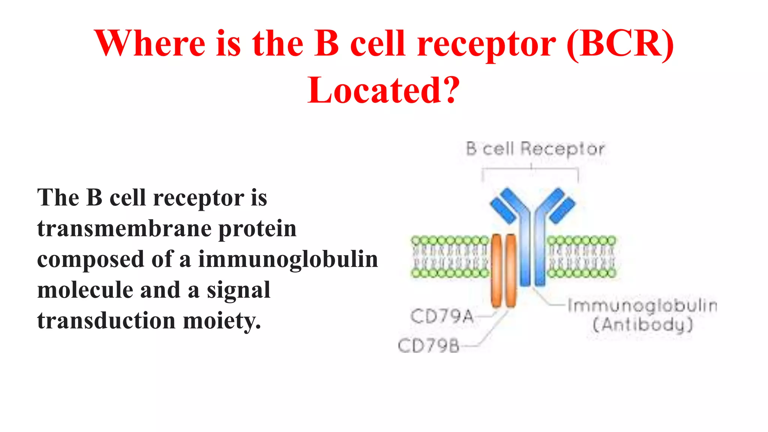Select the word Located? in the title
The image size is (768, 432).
coord(384,90)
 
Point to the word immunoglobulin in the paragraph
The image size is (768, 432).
coord(288,259)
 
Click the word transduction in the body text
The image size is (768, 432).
coord(106,321)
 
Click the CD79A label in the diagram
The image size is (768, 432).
coord(442,316)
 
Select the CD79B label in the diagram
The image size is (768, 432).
coord(429,345)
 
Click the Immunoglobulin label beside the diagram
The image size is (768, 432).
coord(642,306)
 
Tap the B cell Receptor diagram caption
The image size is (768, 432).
coord(535,149)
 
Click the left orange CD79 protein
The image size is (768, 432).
coord(496,270)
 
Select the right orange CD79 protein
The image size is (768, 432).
coord(511,270)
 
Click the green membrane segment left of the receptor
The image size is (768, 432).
coord(449,257)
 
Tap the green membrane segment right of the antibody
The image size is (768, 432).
coord(581,257)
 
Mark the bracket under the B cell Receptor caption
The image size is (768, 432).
coord(530,170)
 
